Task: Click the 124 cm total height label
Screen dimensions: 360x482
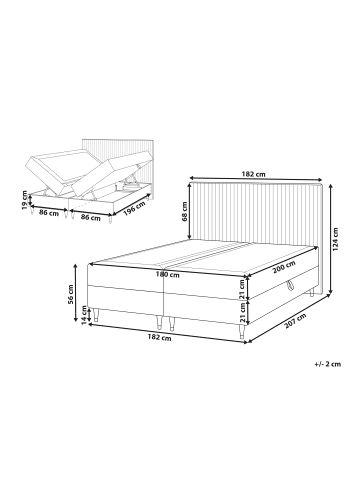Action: (x=335, y=239)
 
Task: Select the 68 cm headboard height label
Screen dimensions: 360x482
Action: (x=185, y=212)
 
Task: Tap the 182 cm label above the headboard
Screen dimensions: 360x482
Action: (x=256, y=174)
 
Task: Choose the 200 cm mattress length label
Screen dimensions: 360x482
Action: (x=284, y=267)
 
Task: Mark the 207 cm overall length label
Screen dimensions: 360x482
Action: (x=296, y=322)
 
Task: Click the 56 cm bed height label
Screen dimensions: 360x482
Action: (x=71, y=294)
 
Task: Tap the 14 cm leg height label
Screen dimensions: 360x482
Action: (x=85, y=315)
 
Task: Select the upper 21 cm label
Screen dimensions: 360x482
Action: (x=242, y=289)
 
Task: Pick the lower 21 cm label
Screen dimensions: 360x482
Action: (x=242, y=313)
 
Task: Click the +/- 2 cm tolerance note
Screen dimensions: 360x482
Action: (x=328, y=364)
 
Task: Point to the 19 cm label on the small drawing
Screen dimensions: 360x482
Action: (x=24, y=200)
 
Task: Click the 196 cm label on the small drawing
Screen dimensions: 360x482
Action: (x=134, y=209)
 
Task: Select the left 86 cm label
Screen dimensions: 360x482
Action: (x=49, y=213)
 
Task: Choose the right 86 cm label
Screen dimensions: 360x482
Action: (x=91, y=218)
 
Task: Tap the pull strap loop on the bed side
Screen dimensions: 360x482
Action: (x=289, y=283)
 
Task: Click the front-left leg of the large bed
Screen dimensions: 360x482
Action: (x=97, y=315)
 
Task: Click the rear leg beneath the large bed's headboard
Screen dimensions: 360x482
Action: (x=312, y=293)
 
